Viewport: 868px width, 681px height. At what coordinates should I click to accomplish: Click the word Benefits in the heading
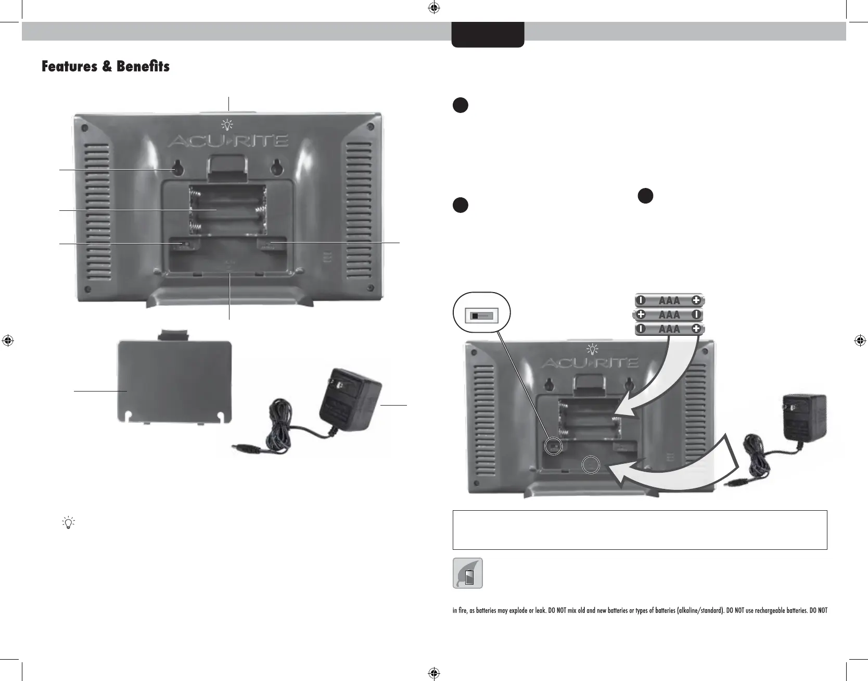click(x=143, y=67)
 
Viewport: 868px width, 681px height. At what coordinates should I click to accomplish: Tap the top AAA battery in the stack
click(x=669, y=300)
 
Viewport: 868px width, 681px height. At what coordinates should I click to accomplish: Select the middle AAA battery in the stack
click(x=669, y=314)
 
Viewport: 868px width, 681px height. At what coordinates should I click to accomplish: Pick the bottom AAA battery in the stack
click(x=669, y=329)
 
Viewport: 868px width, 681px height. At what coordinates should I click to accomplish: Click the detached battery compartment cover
click(x=174, y=380)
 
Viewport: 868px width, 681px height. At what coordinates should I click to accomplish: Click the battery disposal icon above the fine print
click(x=468, y=573)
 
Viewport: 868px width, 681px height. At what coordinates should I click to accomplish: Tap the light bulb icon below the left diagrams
click(x=68, y=522)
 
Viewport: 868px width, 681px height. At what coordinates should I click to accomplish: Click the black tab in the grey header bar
click(x=488, y=34)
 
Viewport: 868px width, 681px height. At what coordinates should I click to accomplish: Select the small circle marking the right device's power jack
click(x=591, y=464)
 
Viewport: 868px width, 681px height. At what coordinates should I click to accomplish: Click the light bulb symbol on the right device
click(x=592, y=348)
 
